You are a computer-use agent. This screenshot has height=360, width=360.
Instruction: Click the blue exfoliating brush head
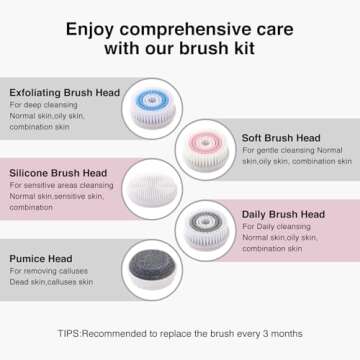pos(149,108)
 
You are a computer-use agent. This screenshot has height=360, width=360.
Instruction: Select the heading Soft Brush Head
pos(281,138)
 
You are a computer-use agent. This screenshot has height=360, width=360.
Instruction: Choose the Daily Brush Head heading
pos(283,214)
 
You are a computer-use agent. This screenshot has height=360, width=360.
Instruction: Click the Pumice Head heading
pos(42,257)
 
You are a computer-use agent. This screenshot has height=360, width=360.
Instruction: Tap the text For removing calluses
pos(50,271)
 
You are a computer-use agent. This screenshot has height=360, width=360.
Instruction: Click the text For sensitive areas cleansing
pos(62,185)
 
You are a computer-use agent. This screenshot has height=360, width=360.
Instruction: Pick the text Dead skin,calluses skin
pos(53,283)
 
